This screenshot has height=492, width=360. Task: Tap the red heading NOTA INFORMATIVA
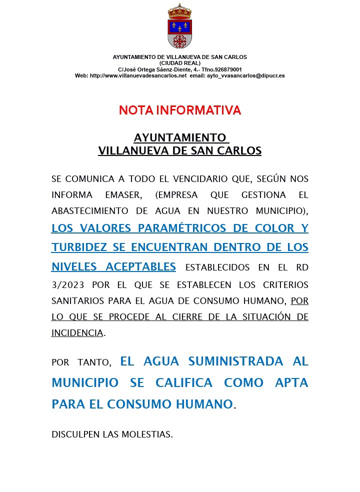point(180,110)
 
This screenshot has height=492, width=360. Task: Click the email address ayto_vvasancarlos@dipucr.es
point(245,75)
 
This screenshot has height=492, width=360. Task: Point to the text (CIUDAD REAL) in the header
point(180,63)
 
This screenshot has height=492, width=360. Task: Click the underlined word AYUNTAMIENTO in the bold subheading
point(179,137)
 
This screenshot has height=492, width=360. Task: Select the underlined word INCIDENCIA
point(77,333)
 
